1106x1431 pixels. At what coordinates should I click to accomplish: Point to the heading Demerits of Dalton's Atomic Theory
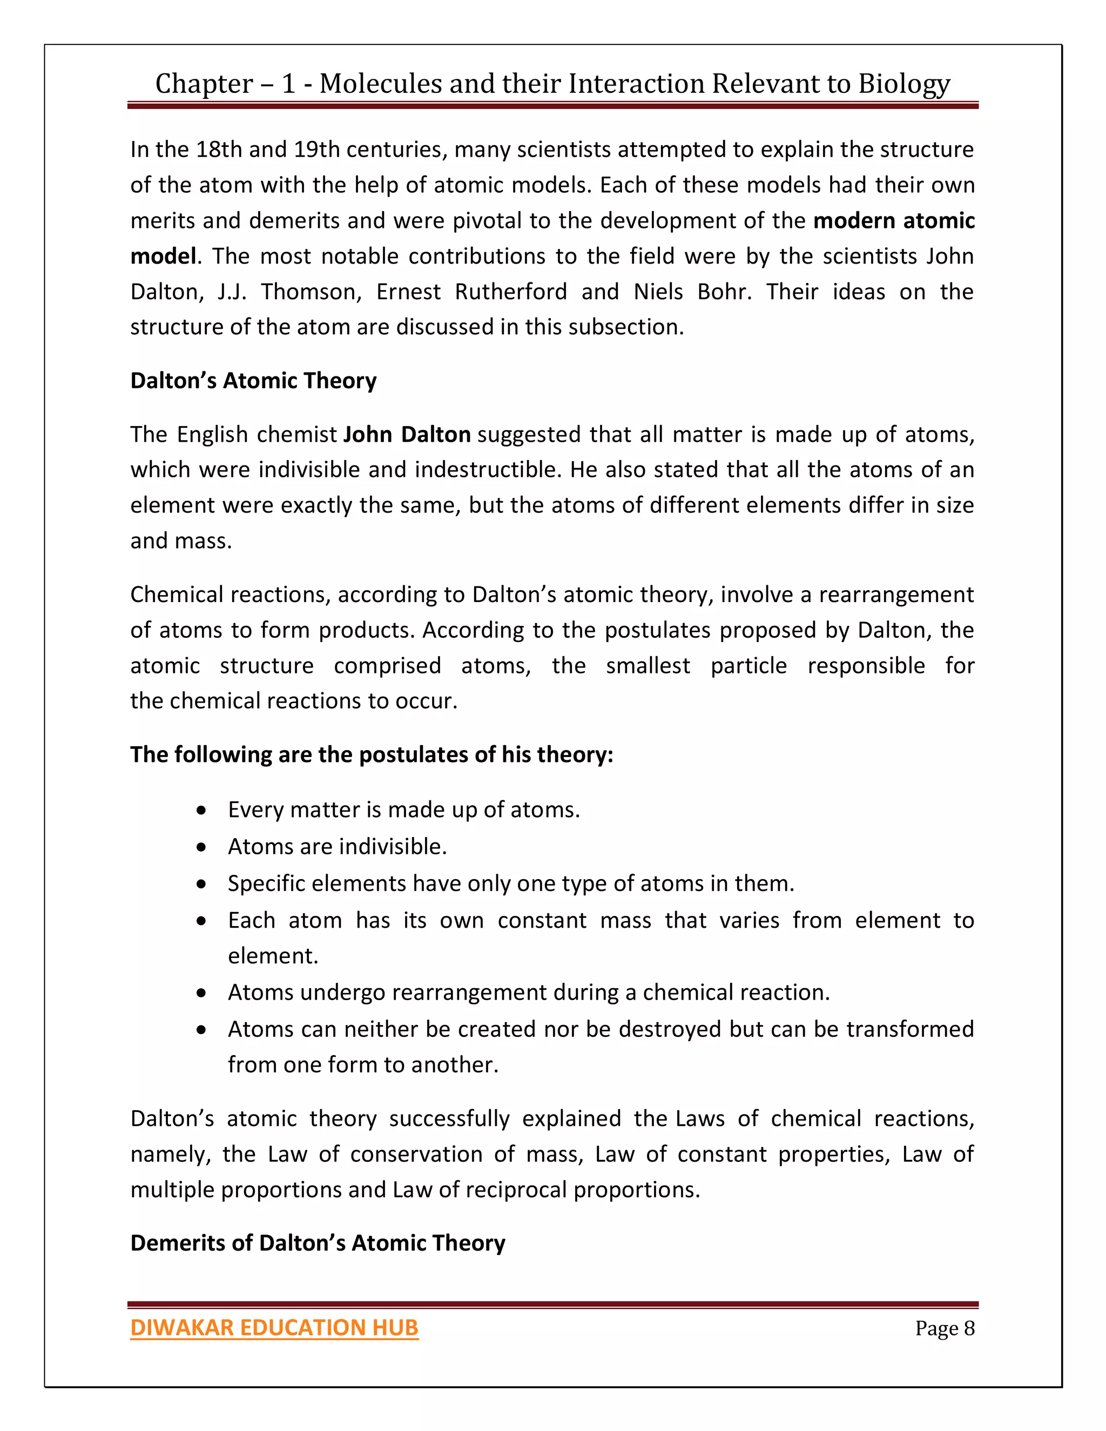pyautogui.click(x=318, y=1243)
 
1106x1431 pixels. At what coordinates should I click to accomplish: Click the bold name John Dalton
pyautogui.click(x=407, y=434)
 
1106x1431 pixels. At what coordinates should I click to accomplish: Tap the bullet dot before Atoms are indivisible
pyautogui.click(x=202, y=848)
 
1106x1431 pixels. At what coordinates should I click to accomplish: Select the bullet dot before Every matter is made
pyautogui.click(x=202, y=811)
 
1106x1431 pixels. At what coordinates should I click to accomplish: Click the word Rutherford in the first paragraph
pyautogui.click(x=511, y=292)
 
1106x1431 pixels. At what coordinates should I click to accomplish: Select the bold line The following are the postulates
pyautogui.click(x=372, y=755)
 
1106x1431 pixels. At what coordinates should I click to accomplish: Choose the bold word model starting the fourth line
pyautogui.click(x=163, y=256)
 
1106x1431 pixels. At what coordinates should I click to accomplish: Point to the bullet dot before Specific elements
pyautogui.click(x=202, y=885)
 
